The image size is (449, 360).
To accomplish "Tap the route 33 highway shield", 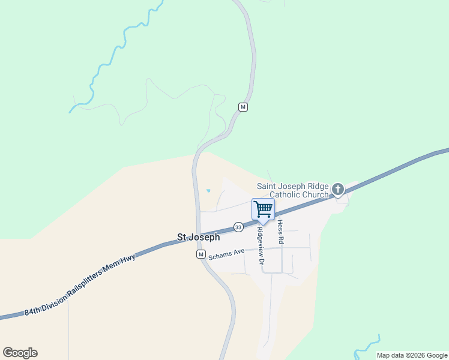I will [238, 227].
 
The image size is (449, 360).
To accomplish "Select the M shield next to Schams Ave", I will [201, 254].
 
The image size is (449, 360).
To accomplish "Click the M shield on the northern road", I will [243, 107].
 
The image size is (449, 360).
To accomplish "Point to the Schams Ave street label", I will [226, 254].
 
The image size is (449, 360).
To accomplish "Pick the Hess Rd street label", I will [280, 230].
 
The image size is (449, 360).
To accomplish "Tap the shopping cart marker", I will [263, 209].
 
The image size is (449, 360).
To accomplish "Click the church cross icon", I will [338, 190].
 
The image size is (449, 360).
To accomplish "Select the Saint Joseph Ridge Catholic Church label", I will [293, 190].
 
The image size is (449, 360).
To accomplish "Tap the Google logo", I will [20, 353].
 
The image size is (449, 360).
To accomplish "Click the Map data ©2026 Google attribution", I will [412, 355].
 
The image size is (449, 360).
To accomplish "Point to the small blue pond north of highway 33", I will [208, 191].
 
